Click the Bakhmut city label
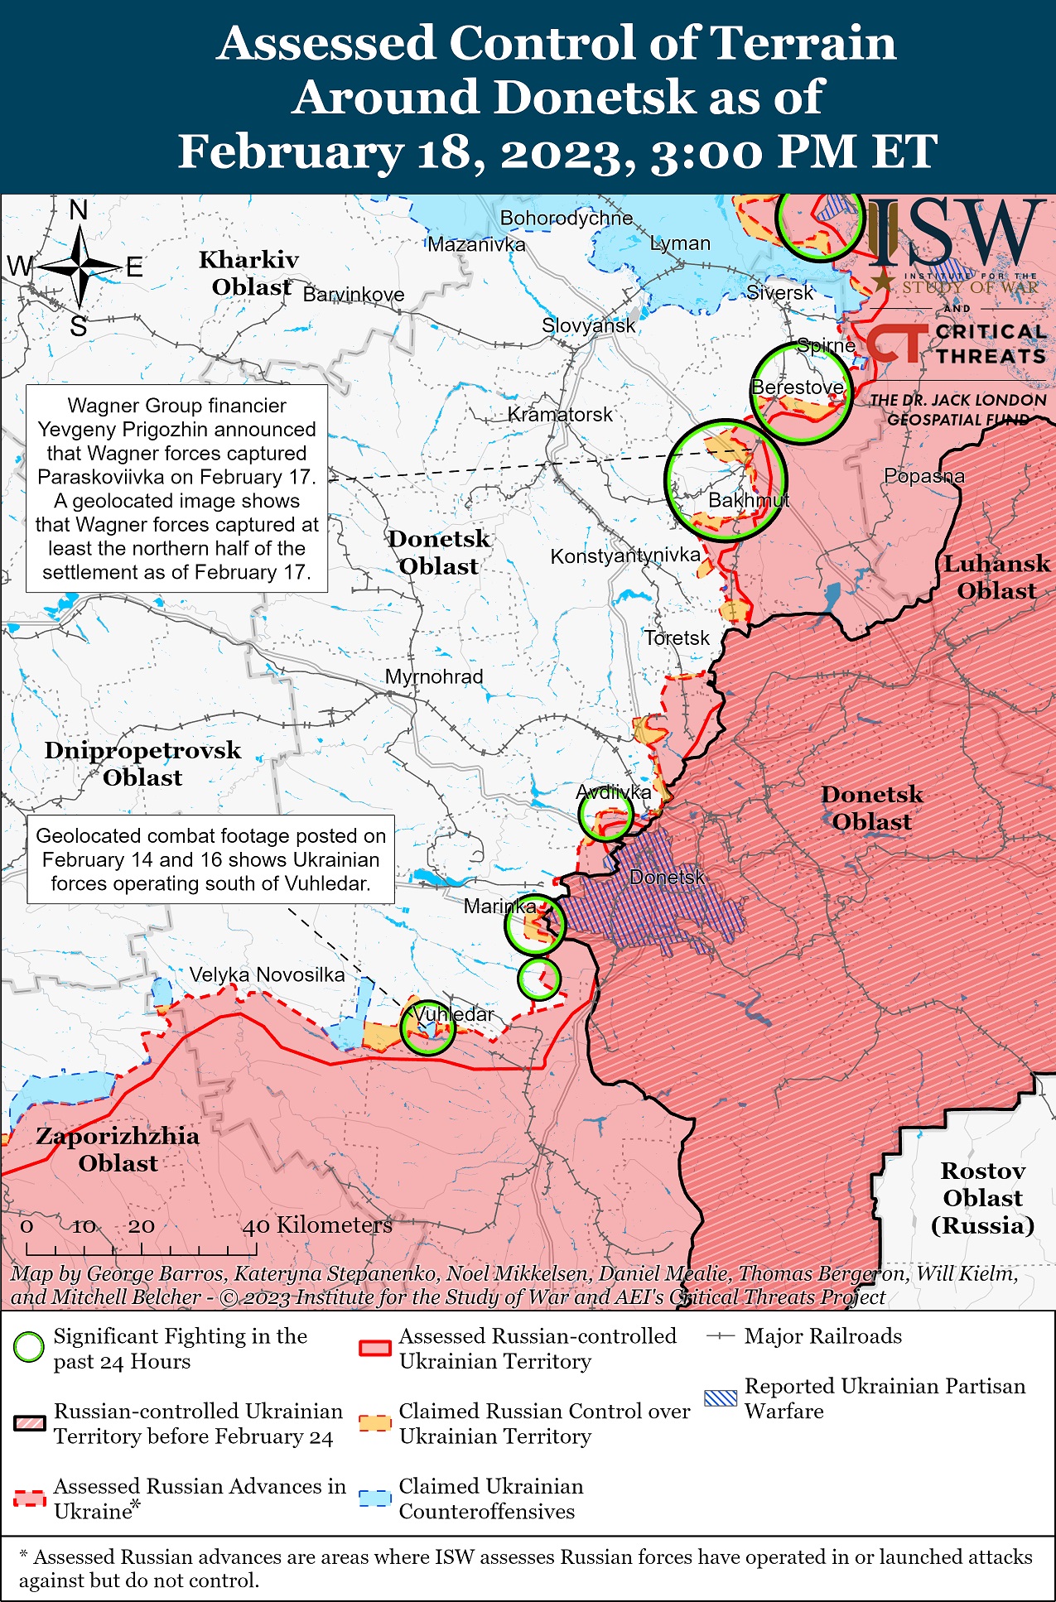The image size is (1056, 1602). coord(748,500)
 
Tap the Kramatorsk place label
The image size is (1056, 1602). coord(560,414)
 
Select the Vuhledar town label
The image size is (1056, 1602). coord(453,1013)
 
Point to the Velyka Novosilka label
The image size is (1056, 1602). coord(267,974)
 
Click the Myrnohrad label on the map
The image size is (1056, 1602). coord(433,676)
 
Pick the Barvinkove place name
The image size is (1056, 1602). coord(354,295)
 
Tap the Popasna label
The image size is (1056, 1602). coord(923,476)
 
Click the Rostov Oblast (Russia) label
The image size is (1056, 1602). coord(982,1198)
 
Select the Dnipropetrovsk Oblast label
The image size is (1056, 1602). coord(142,763)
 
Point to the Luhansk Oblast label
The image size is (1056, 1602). coord(996,577)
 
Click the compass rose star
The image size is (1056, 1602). coord(80,267)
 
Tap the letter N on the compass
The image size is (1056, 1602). coord(79,211)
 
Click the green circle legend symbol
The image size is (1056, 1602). coord(29,1347)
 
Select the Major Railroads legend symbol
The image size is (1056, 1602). coord(721,1336)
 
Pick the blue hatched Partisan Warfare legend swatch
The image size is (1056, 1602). coord(719,1398)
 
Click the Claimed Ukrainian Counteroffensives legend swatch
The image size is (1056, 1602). coord(374,1499)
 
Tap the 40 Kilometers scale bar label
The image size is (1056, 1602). coord(316,1225)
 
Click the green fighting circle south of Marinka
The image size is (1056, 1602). coord(538,979)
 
